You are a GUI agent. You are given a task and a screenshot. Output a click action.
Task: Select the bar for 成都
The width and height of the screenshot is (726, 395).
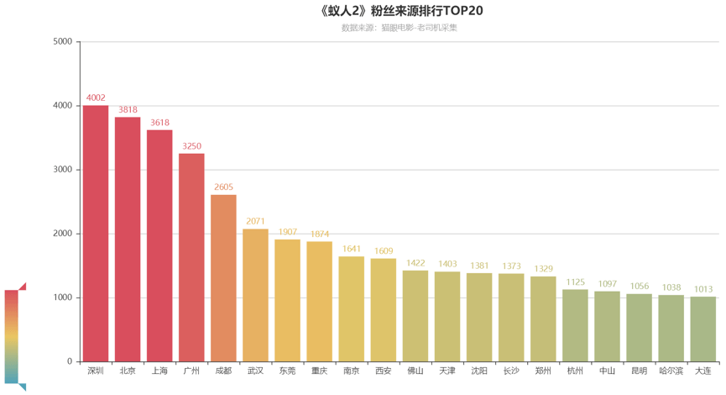pyautogui.click(x=223, y=278)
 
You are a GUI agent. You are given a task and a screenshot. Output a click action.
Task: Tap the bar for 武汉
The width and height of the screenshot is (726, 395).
pyautogui.click(x=255, y=295)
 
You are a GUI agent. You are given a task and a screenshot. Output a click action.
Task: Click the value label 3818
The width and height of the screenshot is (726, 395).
pyautogui.click(x=128, y=110)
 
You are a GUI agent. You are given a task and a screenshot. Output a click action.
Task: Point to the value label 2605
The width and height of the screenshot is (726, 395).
pyautogui.click(x=223, y=187)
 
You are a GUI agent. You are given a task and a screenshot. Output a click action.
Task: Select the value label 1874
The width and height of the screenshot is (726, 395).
pyautogui.click(x=319, y=234)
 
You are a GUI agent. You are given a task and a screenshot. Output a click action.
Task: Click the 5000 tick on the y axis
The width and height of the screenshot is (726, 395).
pyautogui.click(x=62, y=41)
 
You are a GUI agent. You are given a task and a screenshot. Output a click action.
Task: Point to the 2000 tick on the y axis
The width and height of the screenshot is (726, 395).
pyautogui.click(x=62, y=234)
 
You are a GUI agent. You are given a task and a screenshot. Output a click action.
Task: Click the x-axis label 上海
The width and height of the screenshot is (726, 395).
pyautogui.click(x=159, y=371)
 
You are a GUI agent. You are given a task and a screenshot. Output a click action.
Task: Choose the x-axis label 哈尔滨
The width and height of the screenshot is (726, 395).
pyautogui.click(x=671, y=371)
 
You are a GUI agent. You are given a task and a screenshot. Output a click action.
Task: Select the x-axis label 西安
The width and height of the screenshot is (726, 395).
pyautogui.click(x=384, y=371)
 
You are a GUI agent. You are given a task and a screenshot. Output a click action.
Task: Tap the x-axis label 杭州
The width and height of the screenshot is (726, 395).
pyautogui.click(x=575, y=371)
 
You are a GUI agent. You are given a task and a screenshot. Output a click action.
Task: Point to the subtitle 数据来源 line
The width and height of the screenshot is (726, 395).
pyautogui.click(x=399, y=28)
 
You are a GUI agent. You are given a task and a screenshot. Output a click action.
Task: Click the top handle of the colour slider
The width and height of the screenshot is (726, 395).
pyautogui.click(x=23, y=286)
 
